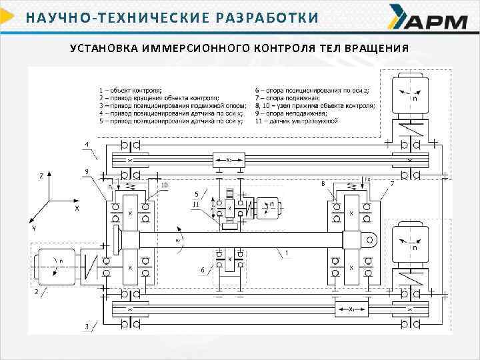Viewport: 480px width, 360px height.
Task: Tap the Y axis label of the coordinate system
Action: (x=33, y=228)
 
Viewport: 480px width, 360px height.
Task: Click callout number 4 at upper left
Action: (x=86, y=144)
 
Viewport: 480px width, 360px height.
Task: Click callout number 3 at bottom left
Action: (x=86, y=326)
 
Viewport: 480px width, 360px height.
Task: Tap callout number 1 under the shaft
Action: (x=286, y=254)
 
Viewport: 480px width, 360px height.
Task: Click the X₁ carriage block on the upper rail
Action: (x=228, y=160)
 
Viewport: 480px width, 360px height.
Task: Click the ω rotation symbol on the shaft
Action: (x=178, y=241)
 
